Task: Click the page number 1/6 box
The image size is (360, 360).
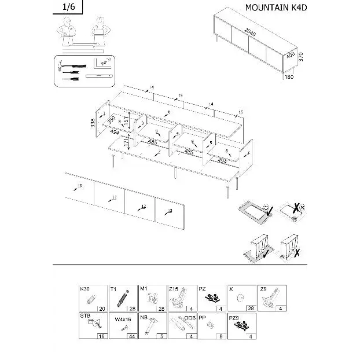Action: pos(68,7)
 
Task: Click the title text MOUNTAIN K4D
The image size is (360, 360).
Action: pos(274,8)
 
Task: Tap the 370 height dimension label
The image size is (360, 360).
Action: pos(300,57)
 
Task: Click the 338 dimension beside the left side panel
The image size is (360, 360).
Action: pos(93,123)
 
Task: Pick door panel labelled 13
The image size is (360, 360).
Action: pos(168,211)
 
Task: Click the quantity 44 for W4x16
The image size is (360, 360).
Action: pos(131,336)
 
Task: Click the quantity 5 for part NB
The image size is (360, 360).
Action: pos(163,336)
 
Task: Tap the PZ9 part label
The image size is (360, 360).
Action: pos(234,317)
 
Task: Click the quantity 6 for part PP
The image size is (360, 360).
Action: pos(222,336)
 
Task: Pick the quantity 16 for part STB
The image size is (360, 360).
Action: pos(102,336)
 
